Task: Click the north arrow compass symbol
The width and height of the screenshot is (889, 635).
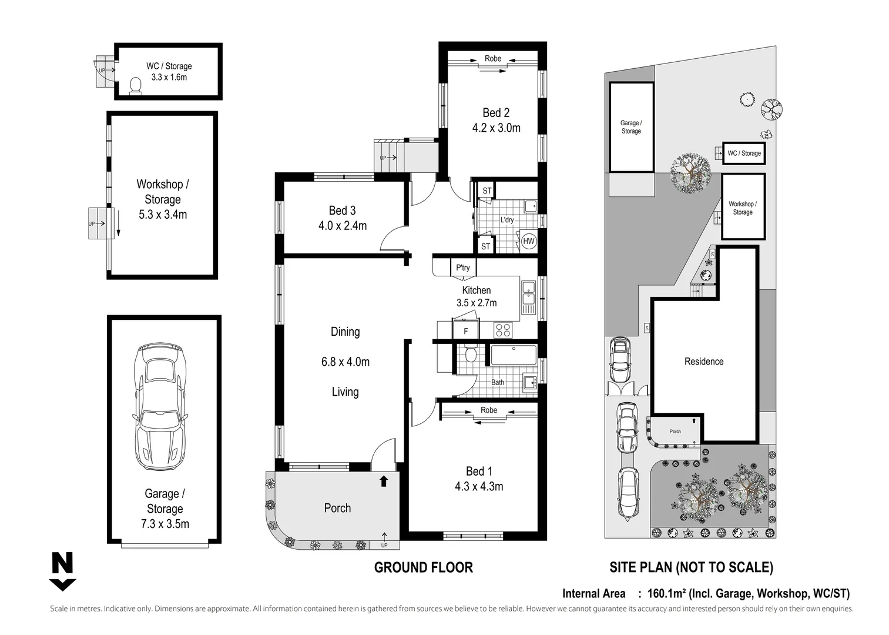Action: pyautogui.click(x=62, y=571)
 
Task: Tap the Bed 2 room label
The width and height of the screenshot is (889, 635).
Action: pyautogui.click(x=496, y=113)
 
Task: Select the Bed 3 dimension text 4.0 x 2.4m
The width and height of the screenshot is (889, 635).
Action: pyautogui.click(x=342, y=226)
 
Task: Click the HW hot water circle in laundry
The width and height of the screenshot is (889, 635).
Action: pyautogui.click(x=528, y=241)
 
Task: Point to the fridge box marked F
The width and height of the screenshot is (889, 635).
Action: pyautogui.click(x=466, y=331)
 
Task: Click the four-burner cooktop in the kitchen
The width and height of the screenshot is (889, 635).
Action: pyautogui.click(x=502, y=330)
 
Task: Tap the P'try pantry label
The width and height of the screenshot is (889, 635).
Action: pyautogui.click(x=463, y=268)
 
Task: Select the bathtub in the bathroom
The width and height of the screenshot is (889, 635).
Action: pyautogui.click(x=514, y=356)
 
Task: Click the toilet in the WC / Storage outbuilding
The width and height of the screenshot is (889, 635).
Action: pyautogui.click(x=136, y=86)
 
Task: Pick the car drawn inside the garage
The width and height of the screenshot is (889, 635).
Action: pyautogui.click(x=160, y=407)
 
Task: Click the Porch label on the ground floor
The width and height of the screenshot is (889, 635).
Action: pyautogui.click(x=337, y=508)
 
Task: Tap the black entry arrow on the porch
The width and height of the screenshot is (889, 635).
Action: pyautogui.click(x=384, y=481)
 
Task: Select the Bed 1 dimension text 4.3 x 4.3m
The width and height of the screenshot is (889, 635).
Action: pyautogui.click(x=478, y=487)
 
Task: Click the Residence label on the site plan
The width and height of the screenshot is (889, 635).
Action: pyautogui.click(x=703, y=362)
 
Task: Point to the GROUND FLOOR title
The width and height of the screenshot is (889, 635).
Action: pyautogui.click(x=423, y=567)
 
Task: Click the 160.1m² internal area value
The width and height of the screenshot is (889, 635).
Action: pyautogui.click(x=666, y=594)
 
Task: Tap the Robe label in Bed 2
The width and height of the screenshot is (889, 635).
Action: pyautogui.click(x=493, y=59)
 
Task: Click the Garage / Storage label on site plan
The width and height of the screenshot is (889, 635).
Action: pyautogui.click(x=631, y=127)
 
